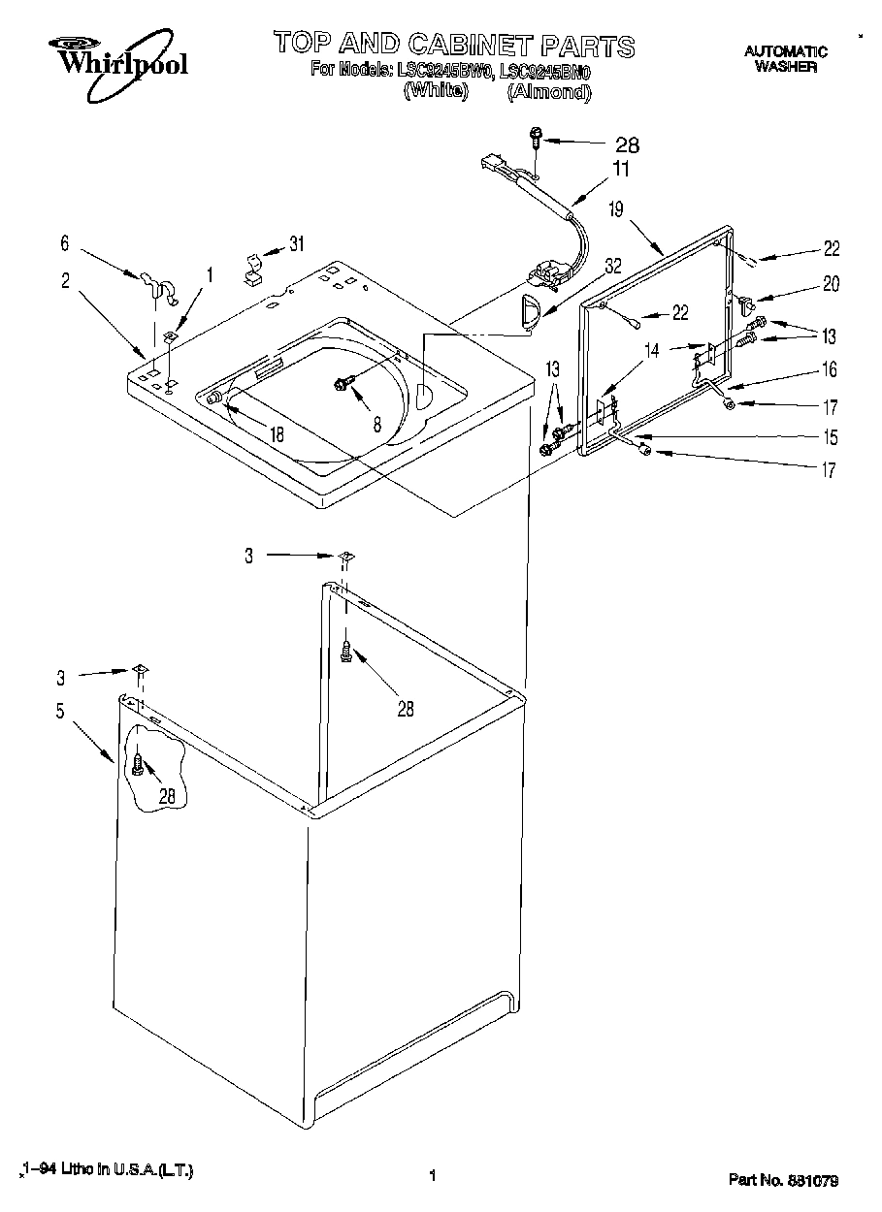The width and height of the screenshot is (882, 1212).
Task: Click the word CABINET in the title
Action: pos(473,45)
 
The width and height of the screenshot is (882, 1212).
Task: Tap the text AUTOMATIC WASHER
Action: pos(785,59)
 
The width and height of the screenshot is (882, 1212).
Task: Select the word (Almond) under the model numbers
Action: pos(548,92)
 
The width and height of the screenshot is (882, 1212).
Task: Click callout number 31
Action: pos(296,243)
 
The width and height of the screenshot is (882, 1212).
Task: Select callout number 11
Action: pos(619,169)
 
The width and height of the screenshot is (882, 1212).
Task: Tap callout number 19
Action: pos(615,208)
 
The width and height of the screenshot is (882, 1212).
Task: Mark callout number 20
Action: pos(831,284)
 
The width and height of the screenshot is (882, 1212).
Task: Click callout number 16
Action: pos(830,369)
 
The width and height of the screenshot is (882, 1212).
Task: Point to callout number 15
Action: pos(830,437)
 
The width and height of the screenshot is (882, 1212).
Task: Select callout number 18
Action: pos(278,435)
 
